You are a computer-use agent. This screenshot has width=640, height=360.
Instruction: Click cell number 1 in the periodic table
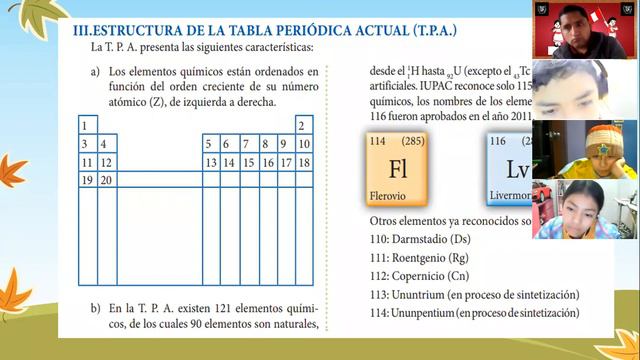87,126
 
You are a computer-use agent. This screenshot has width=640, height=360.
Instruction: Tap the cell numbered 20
106,180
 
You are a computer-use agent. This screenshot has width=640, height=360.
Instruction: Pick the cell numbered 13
211,162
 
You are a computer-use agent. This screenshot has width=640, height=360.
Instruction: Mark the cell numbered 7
248,144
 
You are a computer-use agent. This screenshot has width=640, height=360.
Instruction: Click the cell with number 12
106,162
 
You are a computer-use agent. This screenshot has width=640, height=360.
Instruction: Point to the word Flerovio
389,195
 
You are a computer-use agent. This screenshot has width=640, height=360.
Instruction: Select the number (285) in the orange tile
413,141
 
